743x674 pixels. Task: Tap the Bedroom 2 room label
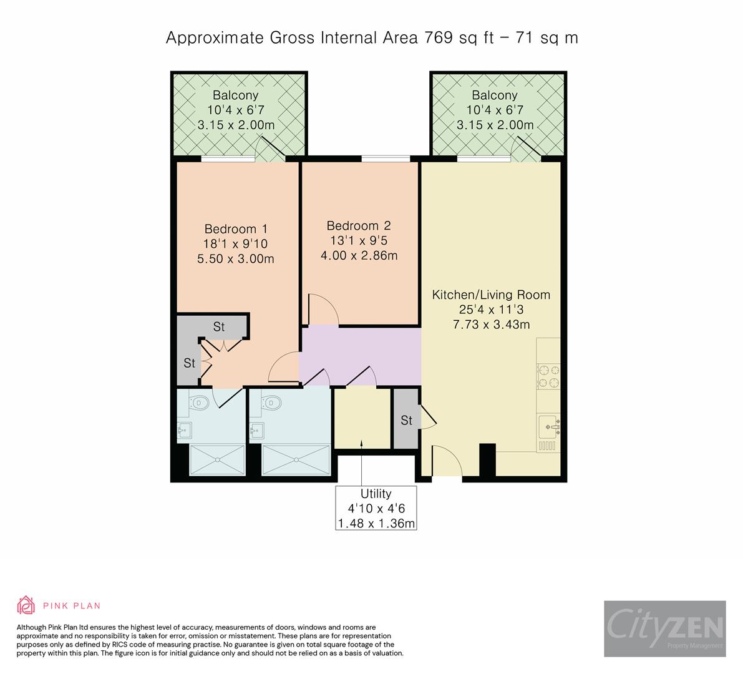coord(359,225)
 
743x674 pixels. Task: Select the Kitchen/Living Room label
coord(491,295)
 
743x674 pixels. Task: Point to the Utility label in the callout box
coord(376,494)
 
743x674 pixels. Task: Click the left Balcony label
coord(235,95)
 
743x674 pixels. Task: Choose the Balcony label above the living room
coord(494,95)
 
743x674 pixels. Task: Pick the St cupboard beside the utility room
coord(406,420)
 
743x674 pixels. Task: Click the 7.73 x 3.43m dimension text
coord(491,325)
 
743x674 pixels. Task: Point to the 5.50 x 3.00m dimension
coord(236,258)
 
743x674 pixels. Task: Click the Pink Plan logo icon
coord(26,605)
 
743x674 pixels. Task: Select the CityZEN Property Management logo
coord(664,628)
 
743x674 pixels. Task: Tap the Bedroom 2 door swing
coord(323,309)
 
